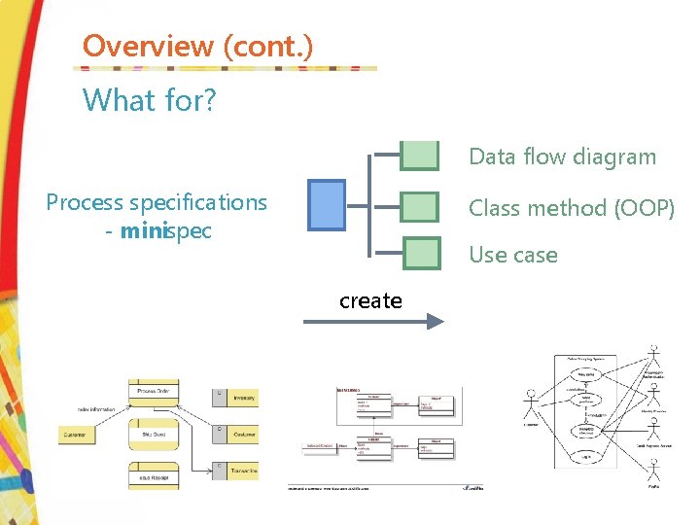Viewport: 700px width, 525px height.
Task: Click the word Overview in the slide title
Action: tap(148, 46)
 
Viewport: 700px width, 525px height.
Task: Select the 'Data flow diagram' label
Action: tap(562, 157)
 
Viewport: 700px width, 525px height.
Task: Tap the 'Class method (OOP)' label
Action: tap(571, 208)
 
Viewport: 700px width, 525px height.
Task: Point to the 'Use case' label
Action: tap(512, 255)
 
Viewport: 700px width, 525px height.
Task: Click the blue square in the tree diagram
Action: tap(327, 205)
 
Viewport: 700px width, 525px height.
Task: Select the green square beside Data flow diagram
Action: tap(420, 156)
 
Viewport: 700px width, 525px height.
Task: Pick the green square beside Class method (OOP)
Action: tap(420, 206)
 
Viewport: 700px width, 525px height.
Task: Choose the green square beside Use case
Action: tap(422, 254)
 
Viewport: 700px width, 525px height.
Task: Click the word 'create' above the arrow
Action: tap(370, 301)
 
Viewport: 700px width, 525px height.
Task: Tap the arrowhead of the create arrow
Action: tap(436, 322)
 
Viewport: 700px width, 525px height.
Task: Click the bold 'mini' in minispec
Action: tap(141, 232)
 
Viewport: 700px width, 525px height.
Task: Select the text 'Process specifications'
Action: tap(157, 202)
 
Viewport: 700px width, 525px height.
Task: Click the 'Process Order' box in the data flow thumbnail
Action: tap(154, 391)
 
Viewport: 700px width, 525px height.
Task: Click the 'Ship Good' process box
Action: tap(154, 434)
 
